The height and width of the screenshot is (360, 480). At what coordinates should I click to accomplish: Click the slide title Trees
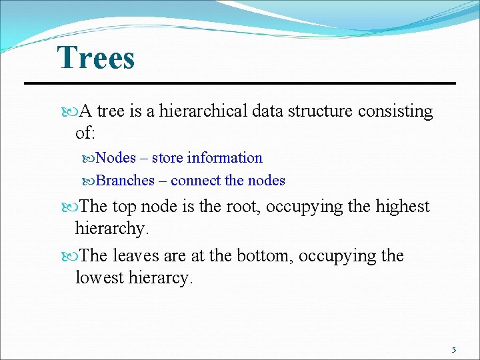pos(96,58)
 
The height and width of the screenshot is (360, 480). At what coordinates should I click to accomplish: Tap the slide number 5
pos(453,350)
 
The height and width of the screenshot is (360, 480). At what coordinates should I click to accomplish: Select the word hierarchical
pos(204,111)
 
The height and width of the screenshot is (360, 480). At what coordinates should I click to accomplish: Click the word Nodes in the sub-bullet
pos(116,158)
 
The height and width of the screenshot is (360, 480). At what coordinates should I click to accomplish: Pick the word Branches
pos(125,181)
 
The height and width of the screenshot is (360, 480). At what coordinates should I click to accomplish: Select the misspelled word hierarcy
pos(159,278)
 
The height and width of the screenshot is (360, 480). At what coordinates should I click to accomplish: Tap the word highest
pos(403,207)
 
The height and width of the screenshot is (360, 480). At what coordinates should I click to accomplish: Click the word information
pos(225,158)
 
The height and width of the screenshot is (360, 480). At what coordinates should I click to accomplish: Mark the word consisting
pos(395,111)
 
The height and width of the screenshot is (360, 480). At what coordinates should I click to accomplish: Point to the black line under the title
pos(240,83)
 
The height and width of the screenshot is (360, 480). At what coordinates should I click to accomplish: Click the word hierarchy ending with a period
pos(111,229)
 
